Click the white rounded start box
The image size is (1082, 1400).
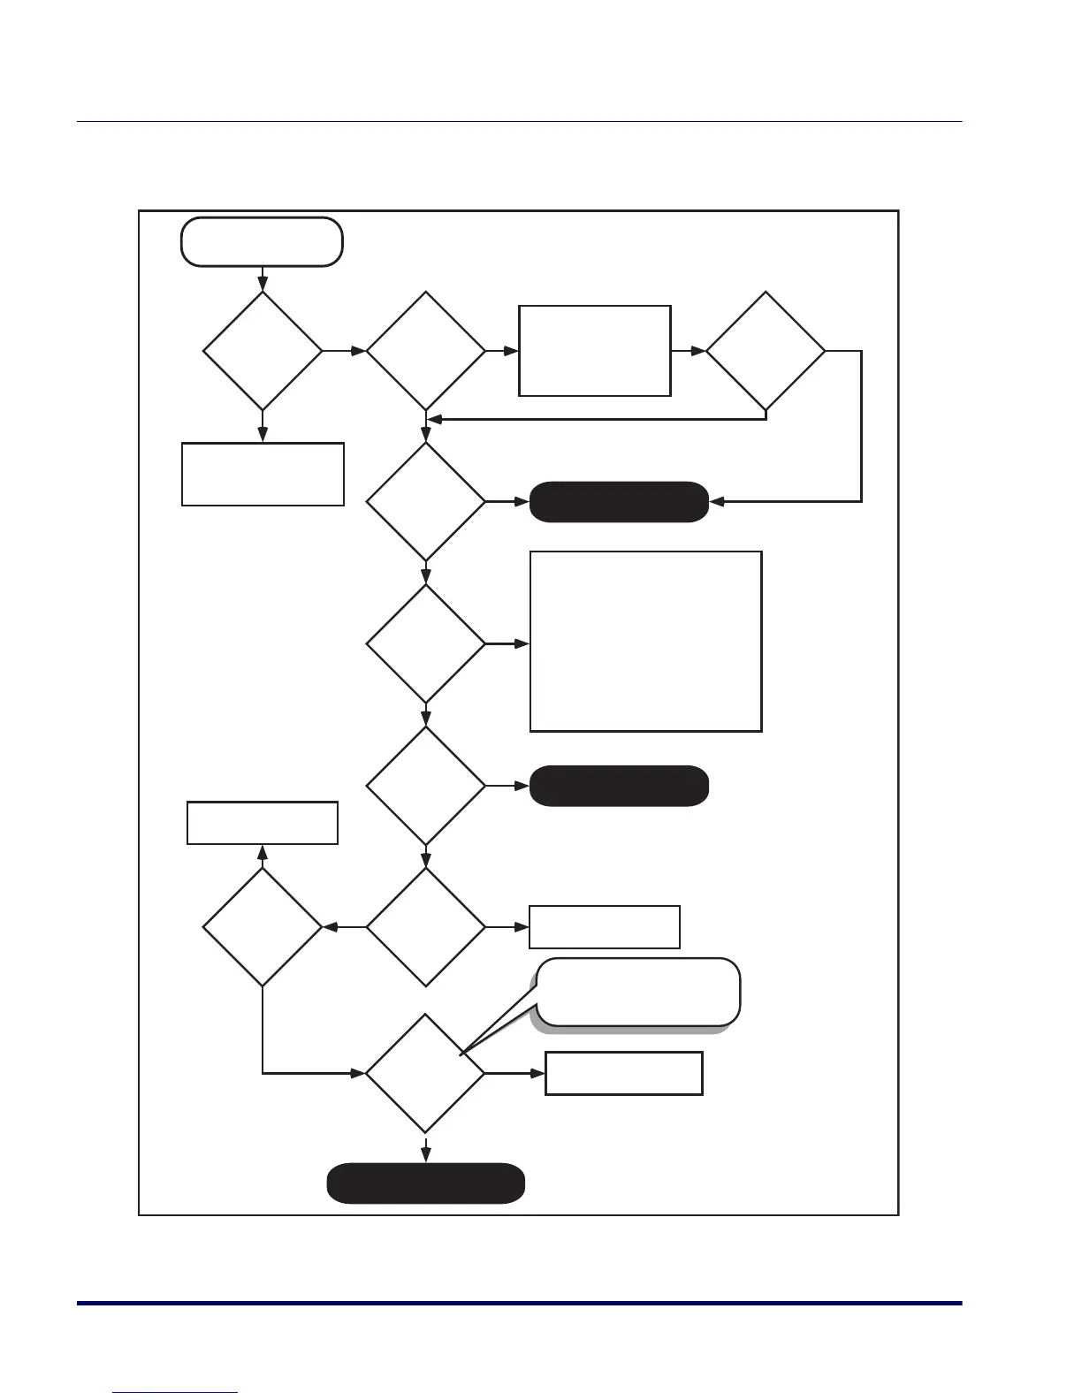(x=262, y=241)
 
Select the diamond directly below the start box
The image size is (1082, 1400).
(x=263, y=351)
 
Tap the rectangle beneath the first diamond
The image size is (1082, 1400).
(x=263, y=474)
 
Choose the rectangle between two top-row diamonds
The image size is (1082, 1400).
(x=595, y=351)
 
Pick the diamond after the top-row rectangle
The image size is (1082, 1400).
(x=766, y=351)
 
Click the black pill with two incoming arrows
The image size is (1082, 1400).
(x=619, y=502)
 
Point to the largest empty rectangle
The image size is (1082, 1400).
(x=645, y=642)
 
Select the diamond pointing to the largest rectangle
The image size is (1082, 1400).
(x=425, y=644)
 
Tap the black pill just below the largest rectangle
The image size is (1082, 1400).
(x=619, y=786)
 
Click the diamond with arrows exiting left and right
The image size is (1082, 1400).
(x=425, y=927)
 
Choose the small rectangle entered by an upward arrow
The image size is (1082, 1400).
(x=263, y=823)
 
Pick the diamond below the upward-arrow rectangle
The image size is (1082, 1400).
(x=263, y=927)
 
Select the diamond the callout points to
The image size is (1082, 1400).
(x=425, y=1073)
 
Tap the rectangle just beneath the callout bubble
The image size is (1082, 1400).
(x=624, y=1073)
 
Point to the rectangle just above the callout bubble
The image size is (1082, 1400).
(x=605, y=927)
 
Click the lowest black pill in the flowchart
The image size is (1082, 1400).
(x=426, y=1183)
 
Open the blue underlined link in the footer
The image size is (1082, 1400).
(x=176, y=1392)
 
